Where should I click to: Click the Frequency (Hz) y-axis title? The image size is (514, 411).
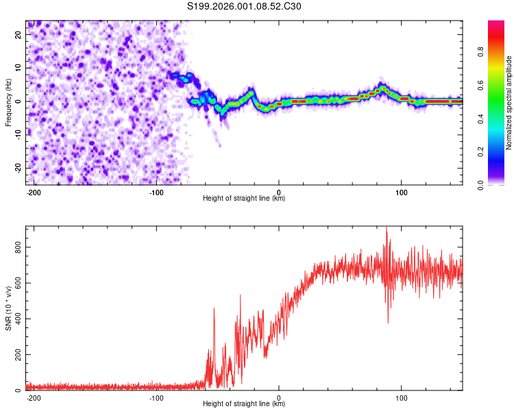9,103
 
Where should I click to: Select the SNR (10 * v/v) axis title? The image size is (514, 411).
9,308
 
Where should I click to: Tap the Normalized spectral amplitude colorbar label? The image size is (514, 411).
509,103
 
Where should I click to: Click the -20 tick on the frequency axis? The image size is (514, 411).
18,168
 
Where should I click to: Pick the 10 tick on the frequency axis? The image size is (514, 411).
19,68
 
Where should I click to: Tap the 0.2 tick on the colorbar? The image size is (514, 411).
480,152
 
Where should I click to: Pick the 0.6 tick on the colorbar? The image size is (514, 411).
480,85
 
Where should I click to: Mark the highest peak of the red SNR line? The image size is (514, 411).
387,228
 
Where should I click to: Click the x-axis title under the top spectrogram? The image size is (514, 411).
244,199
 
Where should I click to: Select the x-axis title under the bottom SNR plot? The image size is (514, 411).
244,404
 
